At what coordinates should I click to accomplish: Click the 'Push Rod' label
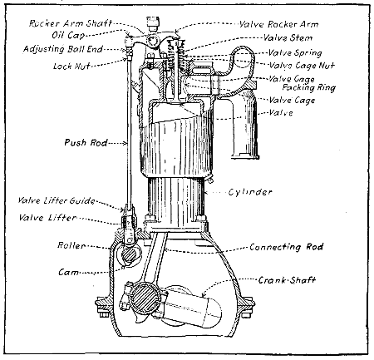click(x=82, y=143)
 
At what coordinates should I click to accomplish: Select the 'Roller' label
click(x=69, y=246)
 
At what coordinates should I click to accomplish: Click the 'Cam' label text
click(x=69, y=272)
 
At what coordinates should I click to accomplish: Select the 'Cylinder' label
click(x=250, y=192)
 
